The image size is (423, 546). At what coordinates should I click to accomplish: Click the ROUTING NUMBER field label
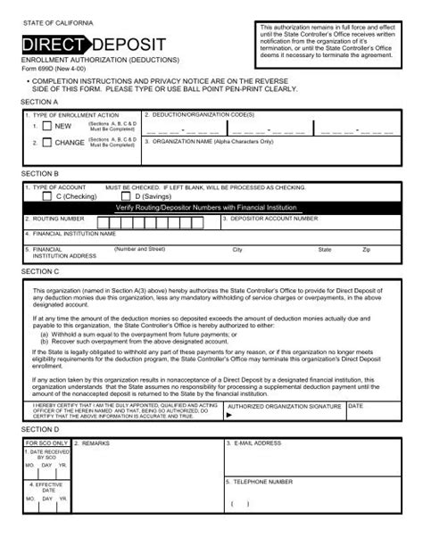pyautogui.click(x=58, y=218)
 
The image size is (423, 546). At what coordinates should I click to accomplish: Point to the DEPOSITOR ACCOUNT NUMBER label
pyautogui.click(x=279, y=218)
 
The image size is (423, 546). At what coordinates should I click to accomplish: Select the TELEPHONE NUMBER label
pyautogui.click(x=264, y=481)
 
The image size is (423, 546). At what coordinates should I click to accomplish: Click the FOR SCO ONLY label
pyautogui.click(x=46, y=443)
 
